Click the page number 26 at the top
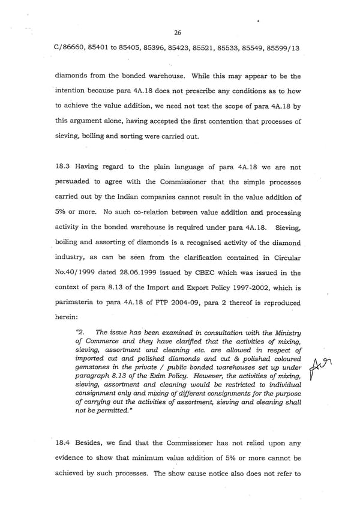(177, 32)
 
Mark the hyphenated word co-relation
(158, 212)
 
